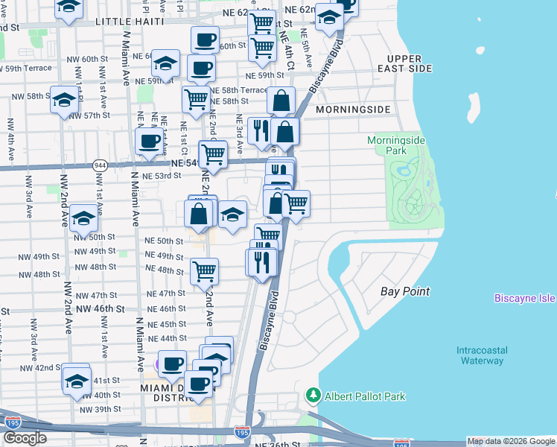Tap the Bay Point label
[405, 291]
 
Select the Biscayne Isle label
[525, 298]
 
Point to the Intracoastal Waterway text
[481, 355]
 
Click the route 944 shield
[100, 165]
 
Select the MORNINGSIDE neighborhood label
[352, 110]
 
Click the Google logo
[25, 438]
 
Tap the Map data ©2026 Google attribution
[512, 441]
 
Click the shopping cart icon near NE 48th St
[204, 271]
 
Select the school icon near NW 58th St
[64, 99]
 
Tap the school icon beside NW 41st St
[76, 380]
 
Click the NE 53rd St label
[162, 176]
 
